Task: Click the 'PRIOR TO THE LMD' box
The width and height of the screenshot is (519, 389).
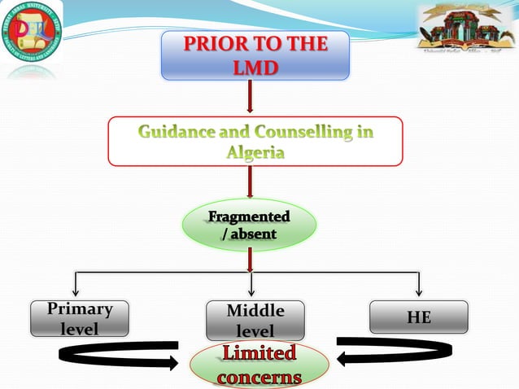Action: coord(255,55)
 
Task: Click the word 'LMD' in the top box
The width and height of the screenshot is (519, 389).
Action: coord(255,68)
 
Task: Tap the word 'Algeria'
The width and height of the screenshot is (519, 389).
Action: coord(255,152)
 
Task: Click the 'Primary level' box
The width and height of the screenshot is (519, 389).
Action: coord(79,318)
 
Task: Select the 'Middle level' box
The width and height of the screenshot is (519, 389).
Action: coord(255,321)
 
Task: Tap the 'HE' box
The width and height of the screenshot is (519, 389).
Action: coord(419,317)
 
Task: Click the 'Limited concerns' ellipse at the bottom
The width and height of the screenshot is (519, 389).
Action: coord(259,367)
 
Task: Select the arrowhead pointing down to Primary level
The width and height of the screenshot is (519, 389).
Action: coord(76,291)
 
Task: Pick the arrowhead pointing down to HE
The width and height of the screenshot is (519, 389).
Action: coord(419,291)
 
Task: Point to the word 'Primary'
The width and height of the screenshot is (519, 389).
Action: coord(79,310)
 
